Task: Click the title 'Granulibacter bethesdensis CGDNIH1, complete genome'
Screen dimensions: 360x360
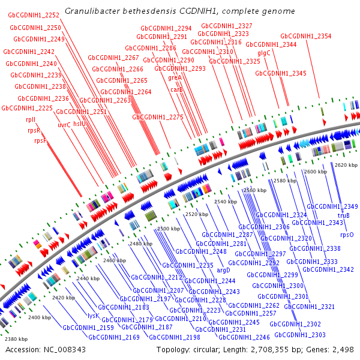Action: pyautogui.click(x=179, y=11)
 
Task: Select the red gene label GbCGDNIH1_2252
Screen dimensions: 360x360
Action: pyautogui.click(x=34, y=16)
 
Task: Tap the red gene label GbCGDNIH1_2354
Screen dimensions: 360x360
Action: pyautogui.click(x=305, y=36)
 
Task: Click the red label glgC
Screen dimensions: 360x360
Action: pyautogui.click(x=264, y=53)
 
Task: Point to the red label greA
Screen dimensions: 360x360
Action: pyautogui.click(x=175, y=78)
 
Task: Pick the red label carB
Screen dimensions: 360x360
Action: pyautogui.click(x=176, y=89)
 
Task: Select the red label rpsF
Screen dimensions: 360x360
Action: pyautogui.click(x=40, y=140)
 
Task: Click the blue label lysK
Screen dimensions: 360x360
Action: pyautogui.click(x=93, y=315)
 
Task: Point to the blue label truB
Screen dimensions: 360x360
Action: pyautogui.click(x=344, y=215)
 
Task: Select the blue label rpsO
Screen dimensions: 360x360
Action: pyautogui.click(x=347, y=235)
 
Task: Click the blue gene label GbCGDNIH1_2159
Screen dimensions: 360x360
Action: pyautogui.click(x=88, y=328)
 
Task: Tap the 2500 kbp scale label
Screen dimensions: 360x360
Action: pyautogui.click(x=169, y=229)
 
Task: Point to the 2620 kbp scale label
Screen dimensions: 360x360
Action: pyautogui.click(x=346, y=164)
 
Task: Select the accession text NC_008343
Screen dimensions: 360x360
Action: pyautogui.click(x=46, y=349)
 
